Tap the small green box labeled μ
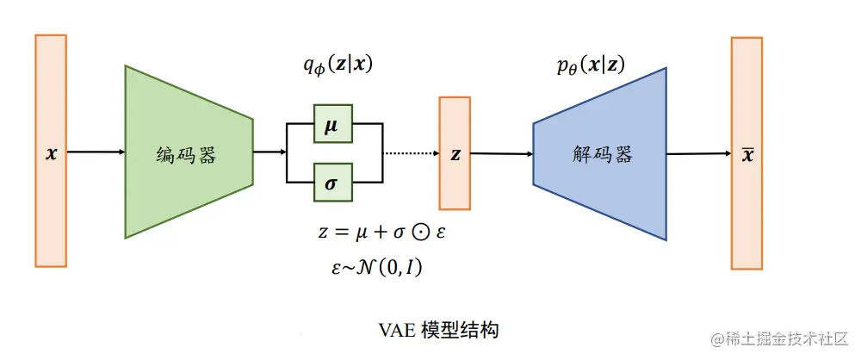tap(331, 124)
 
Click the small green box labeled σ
tap(331, 183)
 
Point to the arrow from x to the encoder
tap(96, 152)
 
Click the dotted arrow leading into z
tap(410, 153)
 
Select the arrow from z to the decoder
tap(502, 154)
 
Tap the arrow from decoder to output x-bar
tap(699, 154)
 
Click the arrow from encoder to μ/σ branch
tap(269, 153)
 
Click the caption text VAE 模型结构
tap(438, 330)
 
